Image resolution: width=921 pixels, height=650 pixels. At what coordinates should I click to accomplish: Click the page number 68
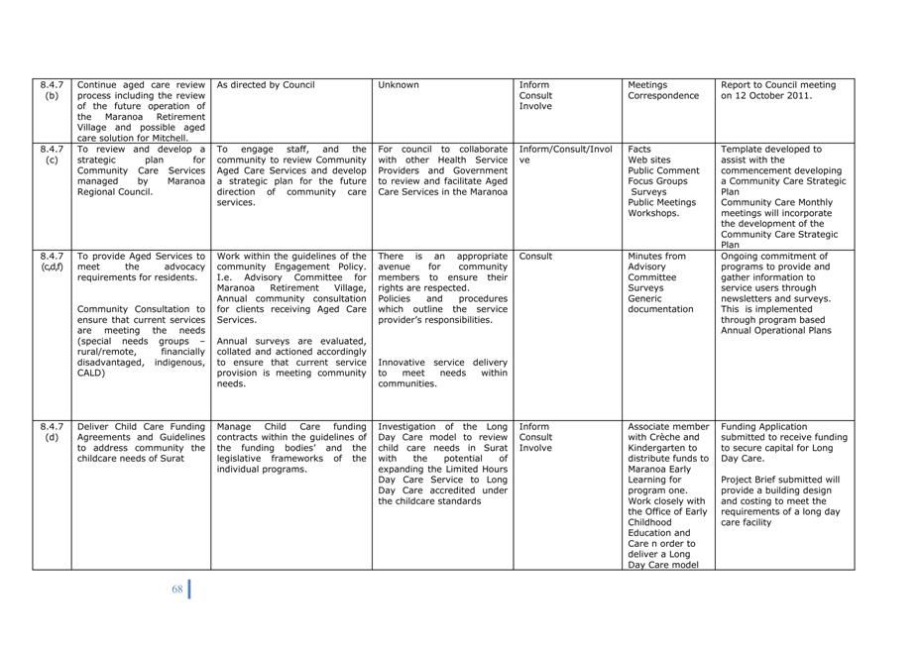pos(177,589)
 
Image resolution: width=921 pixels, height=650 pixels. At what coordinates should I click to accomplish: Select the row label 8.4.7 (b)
pos(52,90)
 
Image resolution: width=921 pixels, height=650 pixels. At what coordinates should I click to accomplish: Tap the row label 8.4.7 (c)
pos(52,155)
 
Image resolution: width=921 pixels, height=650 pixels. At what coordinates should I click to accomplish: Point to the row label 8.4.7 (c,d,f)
pos(52,261)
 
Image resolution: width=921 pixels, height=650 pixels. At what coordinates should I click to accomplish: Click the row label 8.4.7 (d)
pos(52,432)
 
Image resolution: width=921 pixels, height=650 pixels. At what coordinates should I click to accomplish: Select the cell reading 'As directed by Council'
pos(266,85)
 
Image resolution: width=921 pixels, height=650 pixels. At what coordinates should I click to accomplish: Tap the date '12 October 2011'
pos(766,96)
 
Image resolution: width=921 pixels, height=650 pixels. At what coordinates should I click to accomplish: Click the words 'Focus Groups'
pos(657,181)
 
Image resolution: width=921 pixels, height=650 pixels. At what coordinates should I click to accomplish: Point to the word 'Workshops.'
pos(653,213)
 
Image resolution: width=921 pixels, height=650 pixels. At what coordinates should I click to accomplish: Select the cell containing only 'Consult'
pos(536,256)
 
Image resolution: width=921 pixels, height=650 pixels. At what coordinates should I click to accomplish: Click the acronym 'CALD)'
pos(91,374)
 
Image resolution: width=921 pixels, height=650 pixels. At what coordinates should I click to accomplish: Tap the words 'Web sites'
pos(649,160)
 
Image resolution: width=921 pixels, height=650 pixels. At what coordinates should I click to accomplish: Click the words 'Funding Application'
pos(764,427)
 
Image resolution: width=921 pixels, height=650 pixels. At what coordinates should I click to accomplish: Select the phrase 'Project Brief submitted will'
pos(780,480)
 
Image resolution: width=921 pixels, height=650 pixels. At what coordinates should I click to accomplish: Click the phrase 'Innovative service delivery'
pos(442,363)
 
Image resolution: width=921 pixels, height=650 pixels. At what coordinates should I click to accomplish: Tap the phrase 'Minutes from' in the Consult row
pos(656,256)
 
